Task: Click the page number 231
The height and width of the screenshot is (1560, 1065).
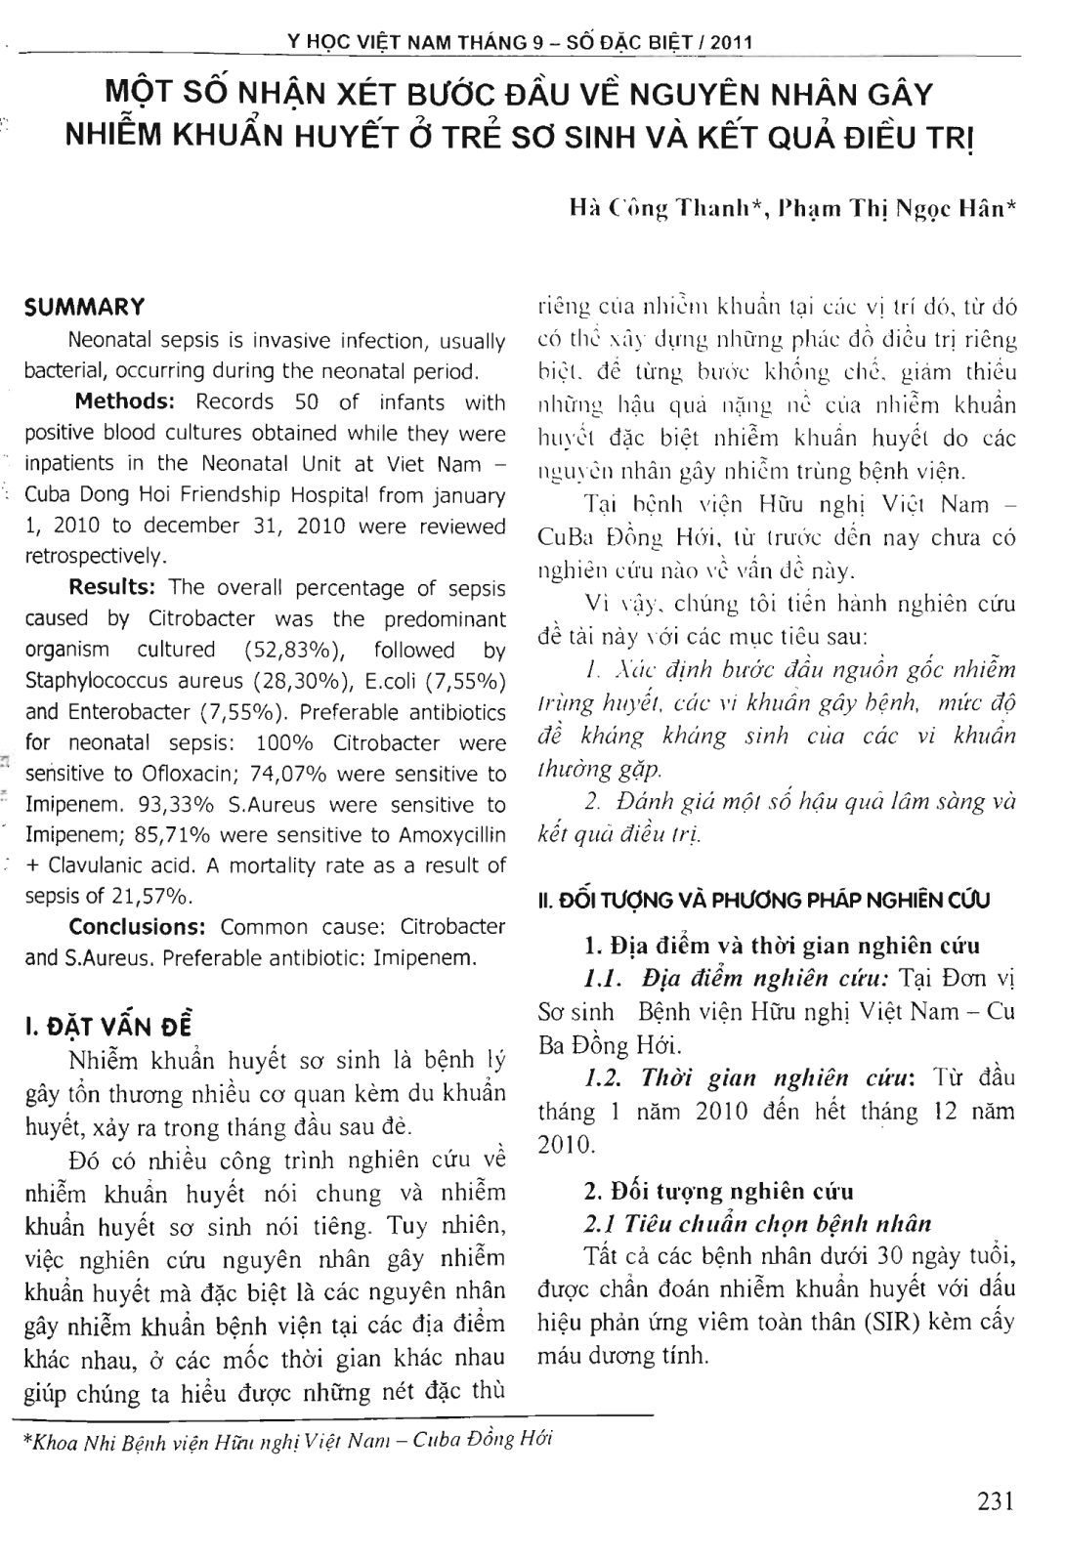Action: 995,1501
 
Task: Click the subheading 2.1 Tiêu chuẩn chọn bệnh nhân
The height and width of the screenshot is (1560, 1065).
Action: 757,1224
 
